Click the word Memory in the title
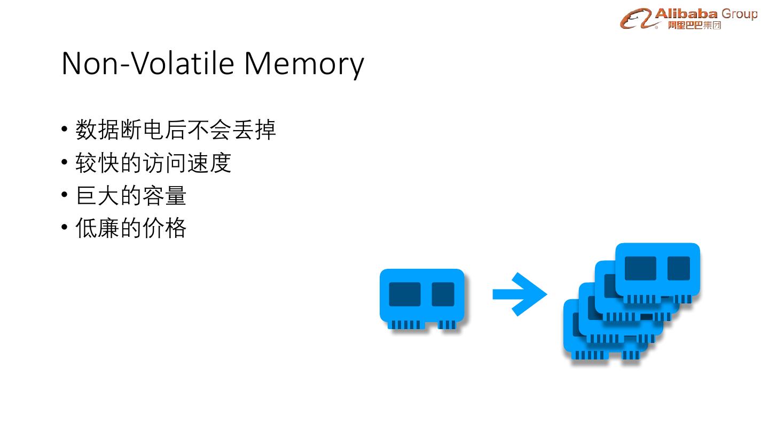point(304,63)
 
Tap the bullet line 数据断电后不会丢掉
point(176,130)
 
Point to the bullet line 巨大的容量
point(131,196)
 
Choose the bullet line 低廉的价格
point(131,228)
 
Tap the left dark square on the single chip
point(404,294)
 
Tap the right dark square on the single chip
point(443,294)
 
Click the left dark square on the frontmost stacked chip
point(640,268)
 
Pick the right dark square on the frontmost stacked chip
point(678,268)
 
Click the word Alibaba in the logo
point(686,13)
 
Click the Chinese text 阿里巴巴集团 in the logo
point(694,25)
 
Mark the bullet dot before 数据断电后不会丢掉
point(65,130)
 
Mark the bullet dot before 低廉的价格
point(65,228)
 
